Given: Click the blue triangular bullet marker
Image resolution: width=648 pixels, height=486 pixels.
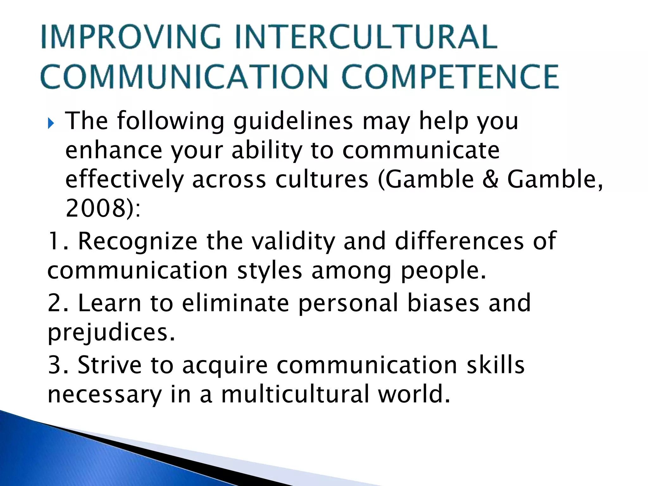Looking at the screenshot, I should pos(51,123).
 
